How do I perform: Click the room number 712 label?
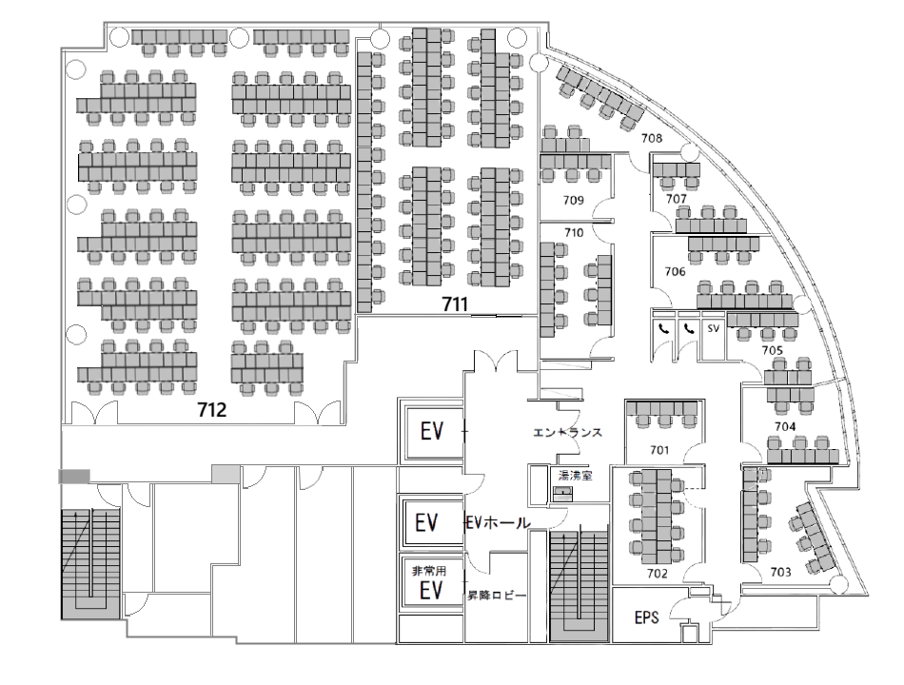point(211,410)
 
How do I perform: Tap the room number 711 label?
point(455,303)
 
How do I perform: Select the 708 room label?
point(652,138)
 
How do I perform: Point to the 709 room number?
point(573,200)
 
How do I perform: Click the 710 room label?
point(574,232)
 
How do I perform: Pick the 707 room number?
point(677,199)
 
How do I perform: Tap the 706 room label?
point(675,271)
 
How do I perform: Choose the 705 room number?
point(772,350)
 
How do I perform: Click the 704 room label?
point(785,426)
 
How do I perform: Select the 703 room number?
point(780,572)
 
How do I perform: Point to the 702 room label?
point(658,573)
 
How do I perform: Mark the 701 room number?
point(659,450)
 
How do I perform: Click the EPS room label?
point(646,617)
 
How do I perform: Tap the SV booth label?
point(713,328)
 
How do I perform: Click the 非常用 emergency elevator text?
point(429,571)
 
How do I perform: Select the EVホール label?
point(498,523)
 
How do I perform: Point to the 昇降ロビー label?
point(497,596)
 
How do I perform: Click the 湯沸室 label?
point(575,476)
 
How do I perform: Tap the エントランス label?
point(567,432)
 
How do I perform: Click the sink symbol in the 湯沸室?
point(561,493)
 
